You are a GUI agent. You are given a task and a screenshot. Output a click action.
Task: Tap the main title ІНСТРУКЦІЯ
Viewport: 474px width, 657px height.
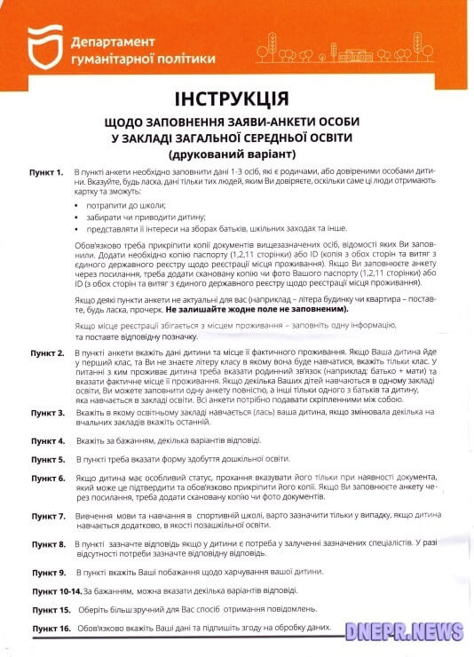tap(236, 97)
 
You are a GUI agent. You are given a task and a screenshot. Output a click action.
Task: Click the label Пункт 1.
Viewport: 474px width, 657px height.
tap(46, 170)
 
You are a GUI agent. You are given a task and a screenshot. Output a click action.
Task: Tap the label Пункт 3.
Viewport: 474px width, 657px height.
tap(46, 413)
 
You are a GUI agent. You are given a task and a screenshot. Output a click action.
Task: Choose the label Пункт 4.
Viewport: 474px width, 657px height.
tap(46, 440)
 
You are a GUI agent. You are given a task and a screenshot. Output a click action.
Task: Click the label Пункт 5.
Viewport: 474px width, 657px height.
tap(46, 460)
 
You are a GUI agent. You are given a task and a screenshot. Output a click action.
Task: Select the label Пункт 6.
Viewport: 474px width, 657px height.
tap(46, 479)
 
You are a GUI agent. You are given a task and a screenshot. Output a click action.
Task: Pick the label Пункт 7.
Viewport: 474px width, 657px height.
tap(46, 516)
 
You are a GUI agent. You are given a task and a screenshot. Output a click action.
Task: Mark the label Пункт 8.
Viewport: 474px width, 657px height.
tap(46, 543)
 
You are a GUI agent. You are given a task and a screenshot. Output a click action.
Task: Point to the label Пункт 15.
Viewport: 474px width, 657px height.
tap(49, 610)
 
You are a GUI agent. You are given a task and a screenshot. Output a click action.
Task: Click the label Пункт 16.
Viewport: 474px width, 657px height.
tap(49, 629)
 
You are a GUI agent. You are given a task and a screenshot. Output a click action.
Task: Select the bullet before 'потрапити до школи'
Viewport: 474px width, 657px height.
tap(77, 205)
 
